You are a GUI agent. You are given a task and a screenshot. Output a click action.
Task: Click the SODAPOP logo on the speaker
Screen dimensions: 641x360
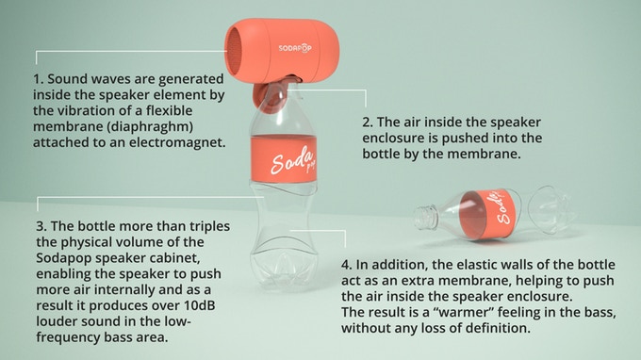(295, 48)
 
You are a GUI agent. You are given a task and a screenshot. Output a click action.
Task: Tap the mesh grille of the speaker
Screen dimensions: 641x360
(234, 51)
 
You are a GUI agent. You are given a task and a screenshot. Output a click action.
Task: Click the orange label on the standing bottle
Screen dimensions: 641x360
(284, 158)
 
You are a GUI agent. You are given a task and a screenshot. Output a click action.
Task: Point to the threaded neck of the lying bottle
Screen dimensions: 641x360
(425, 218)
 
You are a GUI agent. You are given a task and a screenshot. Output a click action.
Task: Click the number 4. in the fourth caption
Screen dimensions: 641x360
(347, 265)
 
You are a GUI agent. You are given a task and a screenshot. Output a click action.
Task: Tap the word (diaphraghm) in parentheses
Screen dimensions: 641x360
(150, 127)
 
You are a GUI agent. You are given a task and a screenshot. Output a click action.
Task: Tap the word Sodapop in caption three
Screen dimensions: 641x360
(62, 258)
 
